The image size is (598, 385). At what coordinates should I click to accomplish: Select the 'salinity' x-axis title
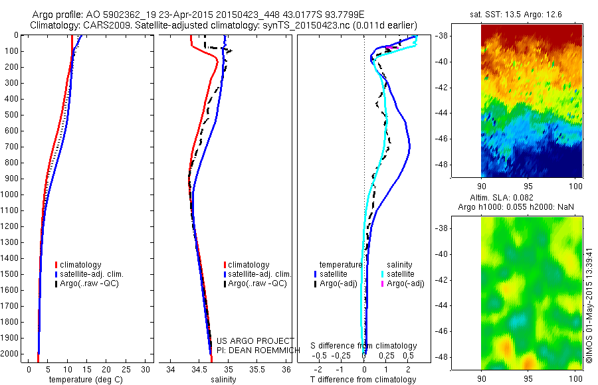pyautogui.click(x=222, y=380)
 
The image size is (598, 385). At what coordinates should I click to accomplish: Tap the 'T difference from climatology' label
pyautogui.click(x=363, y=380)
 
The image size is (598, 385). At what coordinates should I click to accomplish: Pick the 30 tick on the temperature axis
pyautogui.click(x=146, y=369)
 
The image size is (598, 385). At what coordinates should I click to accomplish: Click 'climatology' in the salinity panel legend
pyautogui.click(x=249, y=265)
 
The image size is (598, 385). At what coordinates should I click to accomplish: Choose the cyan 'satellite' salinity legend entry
pyautogui.click(x=401, y=273)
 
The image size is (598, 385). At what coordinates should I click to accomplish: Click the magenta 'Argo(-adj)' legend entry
pyautogui.click(x=405, y=283)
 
